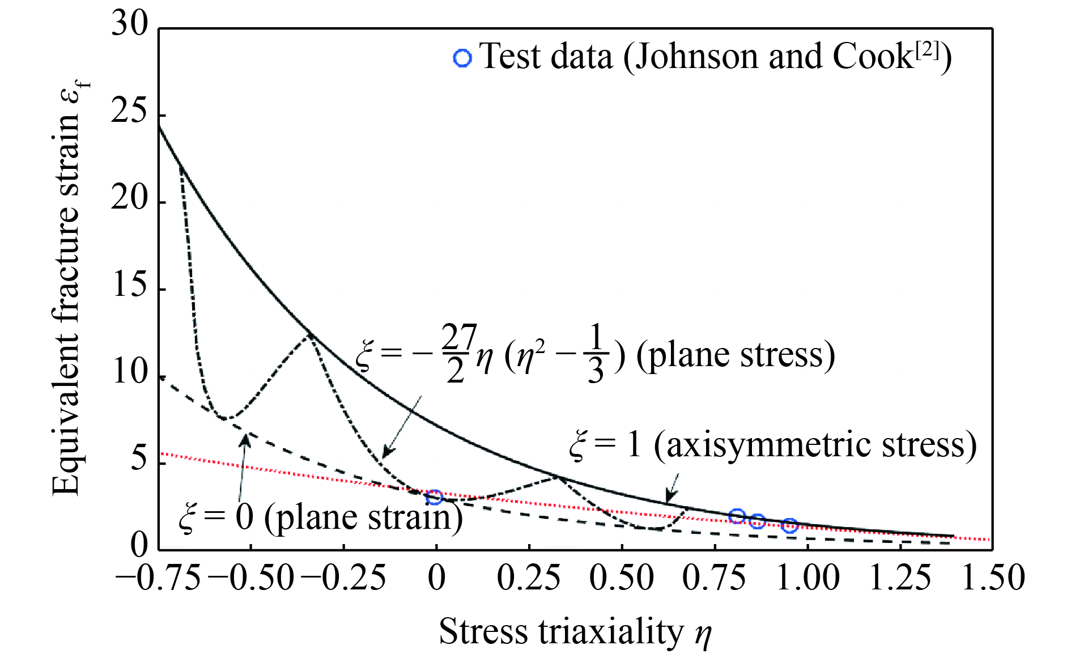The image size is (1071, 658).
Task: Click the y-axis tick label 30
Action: [129, 25]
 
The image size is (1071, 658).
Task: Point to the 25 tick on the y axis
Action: [129, 112]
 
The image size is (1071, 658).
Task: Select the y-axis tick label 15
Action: [129, 286]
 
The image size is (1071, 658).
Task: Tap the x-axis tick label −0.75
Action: [158, 579]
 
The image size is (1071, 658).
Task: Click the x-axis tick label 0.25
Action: [529, 579]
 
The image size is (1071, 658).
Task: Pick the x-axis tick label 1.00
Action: [807, 579]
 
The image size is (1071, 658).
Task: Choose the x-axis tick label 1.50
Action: [993, 579]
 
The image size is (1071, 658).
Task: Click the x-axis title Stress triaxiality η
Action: [575, 632]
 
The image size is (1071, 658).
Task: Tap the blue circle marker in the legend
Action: [462, 58]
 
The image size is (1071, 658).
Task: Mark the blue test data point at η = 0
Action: [435, 498]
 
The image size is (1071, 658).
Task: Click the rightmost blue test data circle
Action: [789, 526]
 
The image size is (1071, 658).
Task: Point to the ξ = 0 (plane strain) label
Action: [321, 517]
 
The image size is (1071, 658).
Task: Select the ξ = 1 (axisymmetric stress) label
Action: [773, 445]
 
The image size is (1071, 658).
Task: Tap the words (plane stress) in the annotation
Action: [736, 355]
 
